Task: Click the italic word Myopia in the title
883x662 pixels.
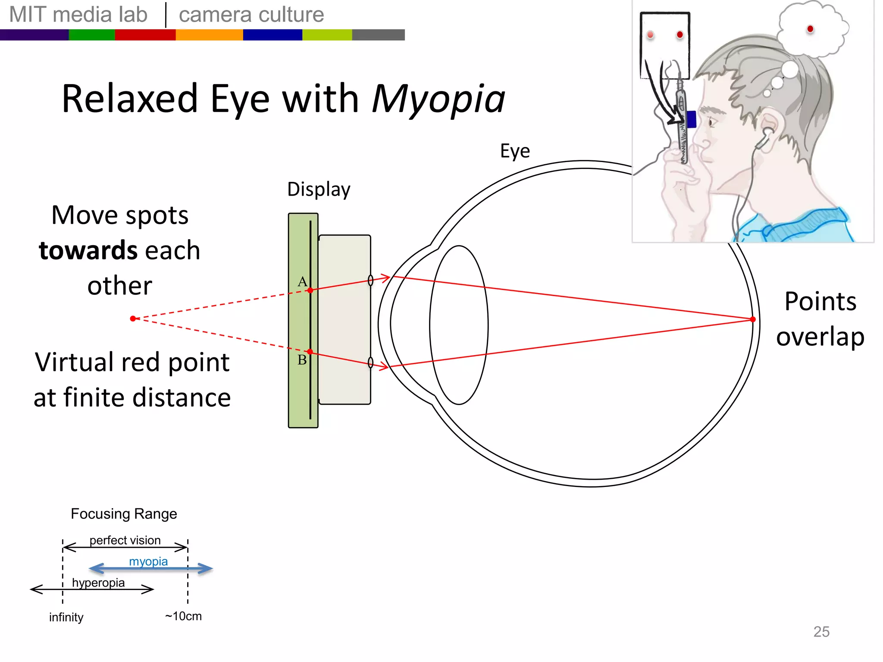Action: (438, 100)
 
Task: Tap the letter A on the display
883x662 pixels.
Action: (302, 282)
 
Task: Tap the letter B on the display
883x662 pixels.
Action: (302, 360)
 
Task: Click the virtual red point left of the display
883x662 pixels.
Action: (133, 319)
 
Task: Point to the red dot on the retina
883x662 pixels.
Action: (753, 319)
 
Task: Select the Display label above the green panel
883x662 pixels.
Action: (319, 190)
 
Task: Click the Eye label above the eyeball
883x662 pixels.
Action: (515, 151)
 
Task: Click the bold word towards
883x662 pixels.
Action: (88, 251)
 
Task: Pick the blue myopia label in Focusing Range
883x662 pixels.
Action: (148, 561)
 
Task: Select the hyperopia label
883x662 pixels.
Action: (98, 583)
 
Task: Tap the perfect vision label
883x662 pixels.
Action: (125, 540)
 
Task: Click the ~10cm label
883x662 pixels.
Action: (183, 616)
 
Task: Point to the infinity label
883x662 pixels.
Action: (66, 617)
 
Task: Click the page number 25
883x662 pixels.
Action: (821, 631)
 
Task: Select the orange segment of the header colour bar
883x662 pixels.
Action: (209, 35)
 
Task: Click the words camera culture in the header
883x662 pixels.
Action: (251, 15)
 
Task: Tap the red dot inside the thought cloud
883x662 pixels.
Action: (810, 29)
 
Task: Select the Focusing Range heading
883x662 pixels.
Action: (124, 514)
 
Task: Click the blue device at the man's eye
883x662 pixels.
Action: (691, 119)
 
